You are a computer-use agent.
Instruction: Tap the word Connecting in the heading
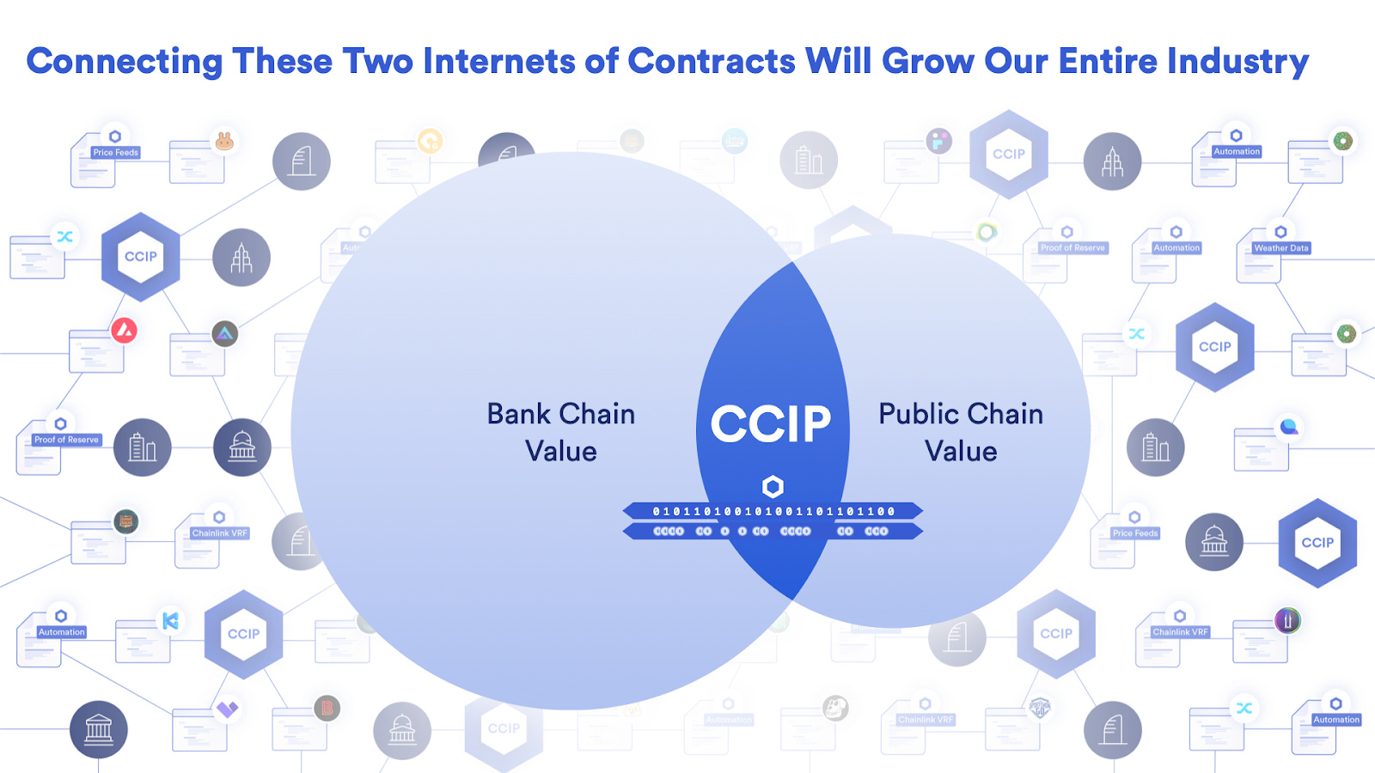125,62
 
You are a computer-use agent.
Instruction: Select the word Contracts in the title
712,62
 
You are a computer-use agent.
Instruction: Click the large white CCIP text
771,424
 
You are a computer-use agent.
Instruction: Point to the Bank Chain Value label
561,432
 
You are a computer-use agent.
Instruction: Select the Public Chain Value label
961,432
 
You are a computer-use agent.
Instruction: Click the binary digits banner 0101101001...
773,511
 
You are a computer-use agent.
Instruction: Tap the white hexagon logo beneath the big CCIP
773,487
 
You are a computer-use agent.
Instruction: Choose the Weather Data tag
1280,248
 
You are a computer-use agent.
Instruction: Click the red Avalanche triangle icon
125,330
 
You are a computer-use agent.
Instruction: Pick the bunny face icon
224,141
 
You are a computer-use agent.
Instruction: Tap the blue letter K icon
170,620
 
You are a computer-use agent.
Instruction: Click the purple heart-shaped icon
227,709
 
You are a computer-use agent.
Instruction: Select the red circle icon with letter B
327,708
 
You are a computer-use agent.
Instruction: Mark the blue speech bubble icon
1289,427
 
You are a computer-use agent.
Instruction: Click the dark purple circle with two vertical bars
1287,619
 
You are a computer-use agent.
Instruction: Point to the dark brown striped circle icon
126,521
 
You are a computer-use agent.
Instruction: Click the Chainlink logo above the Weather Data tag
1280,232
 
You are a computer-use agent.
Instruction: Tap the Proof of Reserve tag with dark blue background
66,440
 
